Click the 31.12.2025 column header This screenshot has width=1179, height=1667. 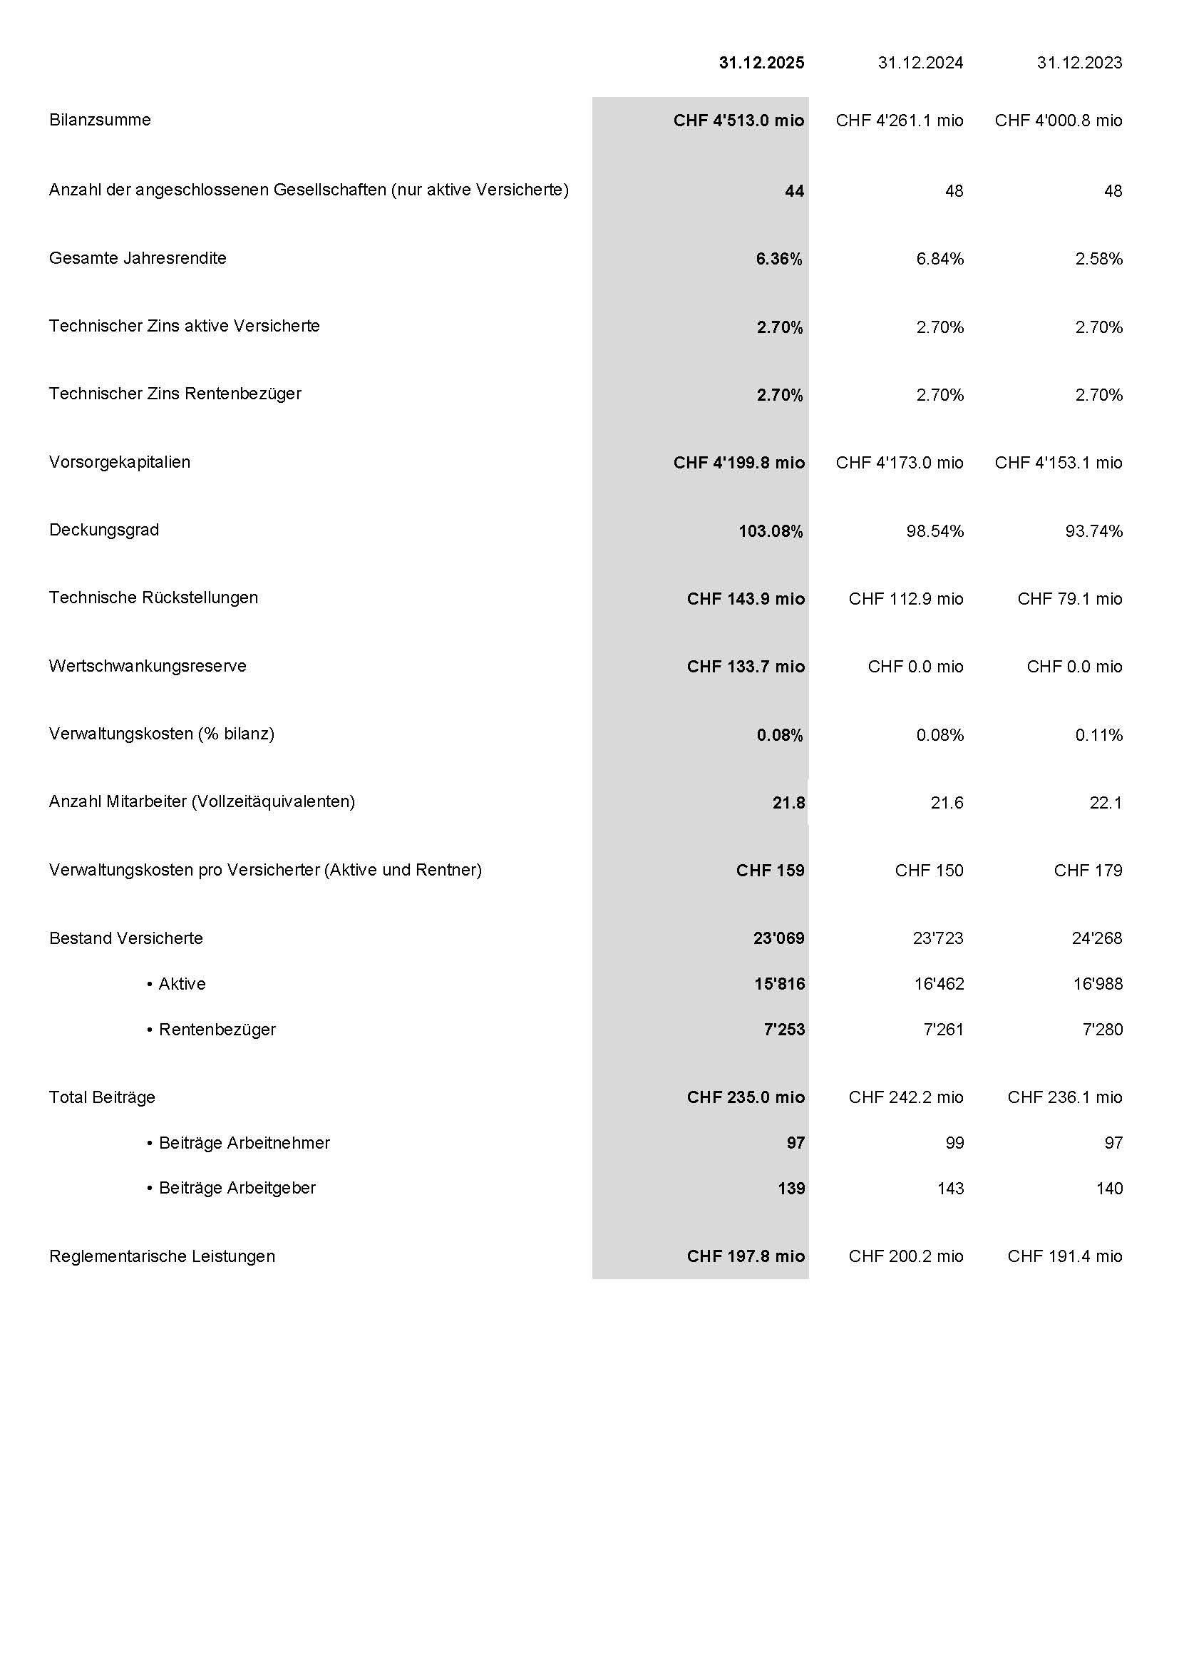(x=761, y=63)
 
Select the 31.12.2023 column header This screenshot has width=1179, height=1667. (x=1078, y=63)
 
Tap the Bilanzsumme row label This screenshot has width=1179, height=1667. (x=101, y=120)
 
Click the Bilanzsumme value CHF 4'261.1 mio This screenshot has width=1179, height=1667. (x=900, y=120)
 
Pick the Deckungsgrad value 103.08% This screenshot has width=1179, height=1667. (x=771, y=531)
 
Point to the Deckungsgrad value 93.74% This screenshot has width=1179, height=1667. (x=1093, y=531)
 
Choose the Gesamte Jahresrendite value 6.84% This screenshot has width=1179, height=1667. (x=939, y=260)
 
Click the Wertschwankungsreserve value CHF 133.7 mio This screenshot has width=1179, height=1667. (x=746, y=667)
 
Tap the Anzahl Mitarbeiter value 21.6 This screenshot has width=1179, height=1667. (x=947, y=803)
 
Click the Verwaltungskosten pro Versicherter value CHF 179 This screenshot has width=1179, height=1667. (x=1088, y=871)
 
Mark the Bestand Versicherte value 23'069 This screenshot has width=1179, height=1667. (x=778, y=938)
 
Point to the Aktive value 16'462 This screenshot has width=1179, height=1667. (x=938, y=984)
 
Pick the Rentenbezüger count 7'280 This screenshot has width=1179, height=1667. (x=1102, y=1030)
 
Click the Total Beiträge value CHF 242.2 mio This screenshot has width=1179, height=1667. (x=905, y=1097)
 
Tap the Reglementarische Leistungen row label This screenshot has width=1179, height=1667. (x=162, y=1256)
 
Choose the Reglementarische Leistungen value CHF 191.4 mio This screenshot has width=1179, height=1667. (x=1064, y=1256)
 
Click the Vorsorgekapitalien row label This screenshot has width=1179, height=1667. (x=120, y=462)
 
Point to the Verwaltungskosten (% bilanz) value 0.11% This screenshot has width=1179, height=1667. (x=1098, y=736)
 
